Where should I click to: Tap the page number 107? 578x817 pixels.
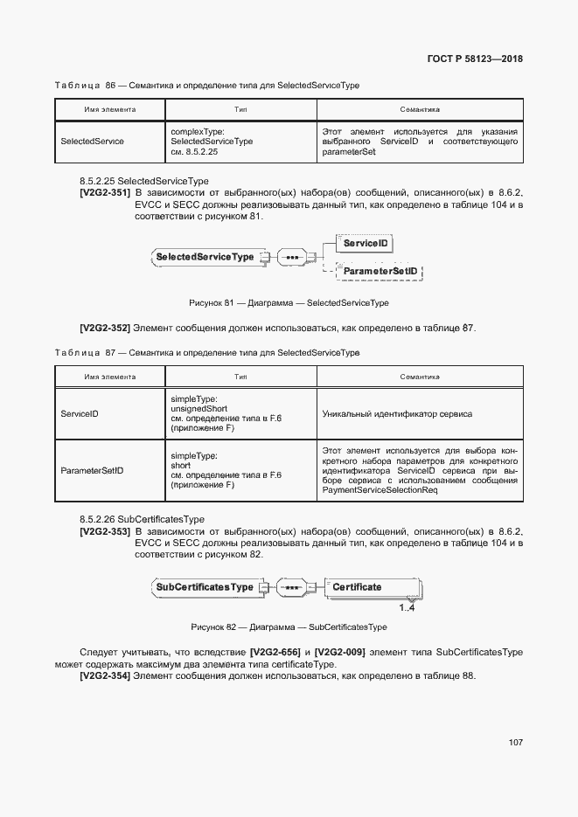pos(515,742)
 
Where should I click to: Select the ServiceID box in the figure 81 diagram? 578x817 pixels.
pos(365,243)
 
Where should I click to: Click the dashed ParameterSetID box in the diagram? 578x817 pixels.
pos(380,273)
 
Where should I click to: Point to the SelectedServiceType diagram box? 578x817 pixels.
pos(205,257)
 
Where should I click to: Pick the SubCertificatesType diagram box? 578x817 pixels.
pos(205,587)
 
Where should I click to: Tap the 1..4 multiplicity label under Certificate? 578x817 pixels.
pos(407,608)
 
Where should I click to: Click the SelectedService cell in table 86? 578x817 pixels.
pos(93,141)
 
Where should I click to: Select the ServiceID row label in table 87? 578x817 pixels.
pos(80,413)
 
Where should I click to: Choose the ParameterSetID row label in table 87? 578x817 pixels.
pos(92,471)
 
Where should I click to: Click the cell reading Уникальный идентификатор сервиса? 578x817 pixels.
pos(397,413)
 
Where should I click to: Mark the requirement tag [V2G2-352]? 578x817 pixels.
pos(105,329)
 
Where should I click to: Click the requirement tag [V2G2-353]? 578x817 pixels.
pos(105,531)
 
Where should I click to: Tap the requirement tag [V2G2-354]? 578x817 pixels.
pos(105,676)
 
